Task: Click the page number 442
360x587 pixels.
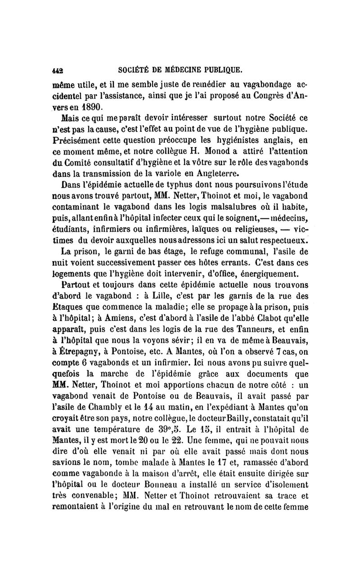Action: (57, 70)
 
